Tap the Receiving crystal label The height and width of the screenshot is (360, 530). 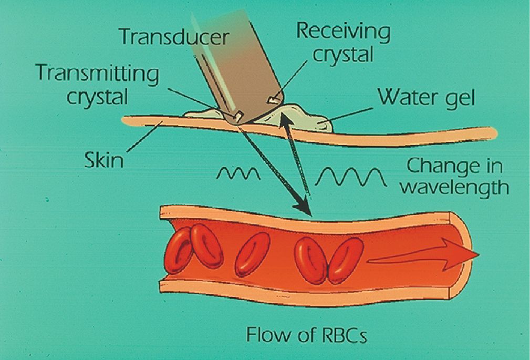point(343,42)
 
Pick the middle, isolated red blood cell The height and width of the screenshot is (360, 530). point(252,254)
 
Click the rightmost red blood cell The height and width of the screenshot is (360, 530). point(345,261)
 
